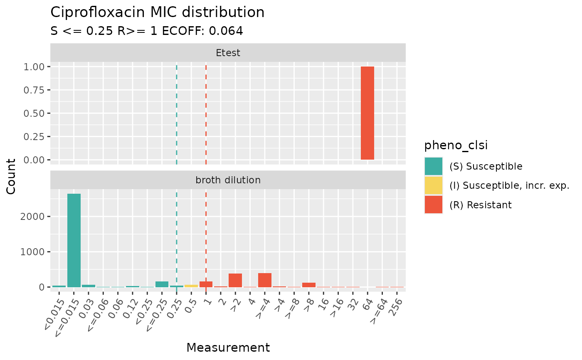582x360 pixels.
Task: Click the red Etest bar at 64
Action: click(367, 113)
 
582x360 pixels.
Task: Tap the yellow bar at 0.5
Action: click(191, 286)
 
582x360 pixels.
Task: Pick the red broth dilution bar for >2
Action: click(235, 280)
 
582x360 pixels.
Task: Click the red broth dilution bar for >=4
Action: click(265, 280)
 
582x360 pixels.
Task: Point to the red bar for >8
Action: click(309, 285)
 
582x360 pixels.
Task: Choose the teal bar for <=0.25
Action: click(162, 284)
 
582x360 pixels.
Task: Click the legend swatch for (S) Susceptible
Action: click(434, 166)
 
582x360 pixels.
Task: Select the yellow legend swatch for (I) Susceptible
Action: click(434, 185)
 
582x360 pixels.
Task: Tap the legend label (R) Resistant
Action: click(481, 205)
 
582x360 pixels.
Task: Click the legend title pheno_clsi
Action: click(456, 145)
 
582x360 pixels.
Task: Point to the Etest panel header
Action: click(228, 53)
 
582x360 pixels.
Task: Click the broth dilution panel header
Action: click(228, 180)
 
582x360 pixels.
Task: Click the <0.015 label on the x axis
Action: click(53, 308)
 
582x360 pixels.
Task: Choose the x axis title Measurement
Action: click(228, 348)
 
